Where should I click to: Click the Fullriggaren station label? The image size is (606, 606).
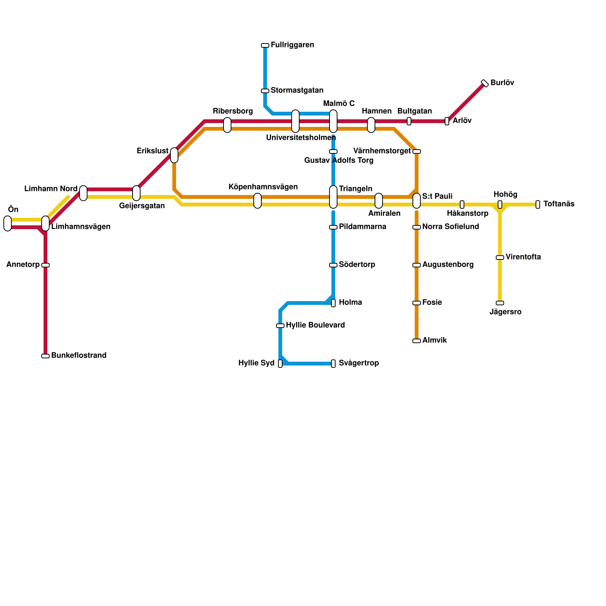click(292, 45)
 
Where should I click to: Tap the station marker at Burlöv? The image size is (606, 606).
click(485, 83)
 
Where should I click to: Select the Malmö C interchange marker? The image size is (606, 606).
click(333, 121)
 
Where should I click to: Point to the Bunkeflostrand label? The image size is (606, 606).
click(79, 356)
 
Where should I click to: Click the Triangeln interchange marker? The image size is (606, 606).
click(333, 197)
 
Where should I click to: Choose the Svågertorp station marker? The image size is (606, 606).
click(333, 364)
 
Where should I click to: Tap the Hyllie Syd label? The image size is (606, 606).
click(256, 363)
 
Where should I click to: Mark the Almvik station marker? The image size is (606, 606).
click(417, 341)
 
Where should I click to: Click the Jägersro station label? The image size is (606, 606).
click(505, 312)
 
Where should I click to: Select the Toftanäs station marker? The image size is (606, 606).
click(538, 205)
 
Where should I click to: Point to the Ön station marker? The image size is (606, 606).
click(8, 223)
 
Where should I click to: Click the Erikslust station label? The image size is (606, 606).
click(152, 151)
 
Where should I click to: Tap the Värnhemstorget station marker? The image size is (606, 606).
click(417, 151)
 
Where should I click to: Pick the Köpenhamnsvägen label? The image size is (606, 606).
click(263, 187)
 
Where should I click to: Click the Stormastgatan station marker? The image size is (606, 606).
click(265, 91)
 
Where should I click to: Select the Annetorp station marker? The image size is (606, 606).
click(45, 265)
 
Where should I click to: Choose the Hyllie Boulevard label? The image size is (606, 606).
click(315, 325)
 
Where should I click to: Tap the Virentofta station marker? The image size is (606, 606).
click(500, 258)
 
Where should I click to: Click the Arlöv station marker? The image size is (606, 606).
click(447, 121)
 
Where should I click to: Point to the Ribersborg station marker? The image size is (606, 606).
click(227, 125)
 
